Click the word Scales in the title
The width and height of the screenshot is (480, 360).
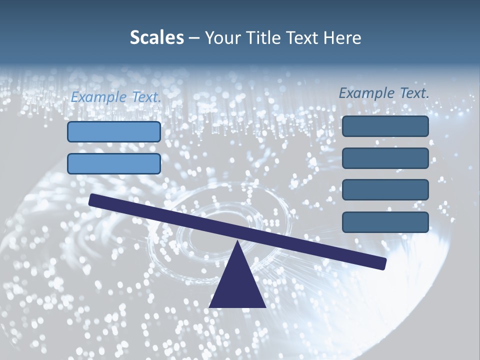(156, 38)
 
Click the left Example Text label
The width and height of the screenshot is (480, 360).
(115, 97)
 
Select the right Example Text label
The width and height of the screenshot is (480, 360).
(384, 93)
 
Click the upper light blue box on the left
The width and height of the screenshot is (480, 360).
(114, 131)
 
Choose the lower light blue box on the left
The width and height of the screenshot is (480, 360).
(114, 163)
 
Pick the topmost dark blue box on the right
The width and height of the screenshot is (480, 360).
(385, 126)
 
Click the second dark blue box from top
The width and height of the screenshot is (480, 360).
(385, 158)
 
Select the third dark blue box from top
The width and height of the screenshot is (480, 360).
(385, 190)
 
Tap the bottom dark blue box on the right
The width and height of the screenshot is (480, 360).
(385, 222)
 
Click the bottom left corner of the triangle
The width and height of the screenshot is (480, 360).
(210, 306)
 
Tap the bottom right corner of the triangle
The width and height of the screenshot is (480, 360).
(264, 306)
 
